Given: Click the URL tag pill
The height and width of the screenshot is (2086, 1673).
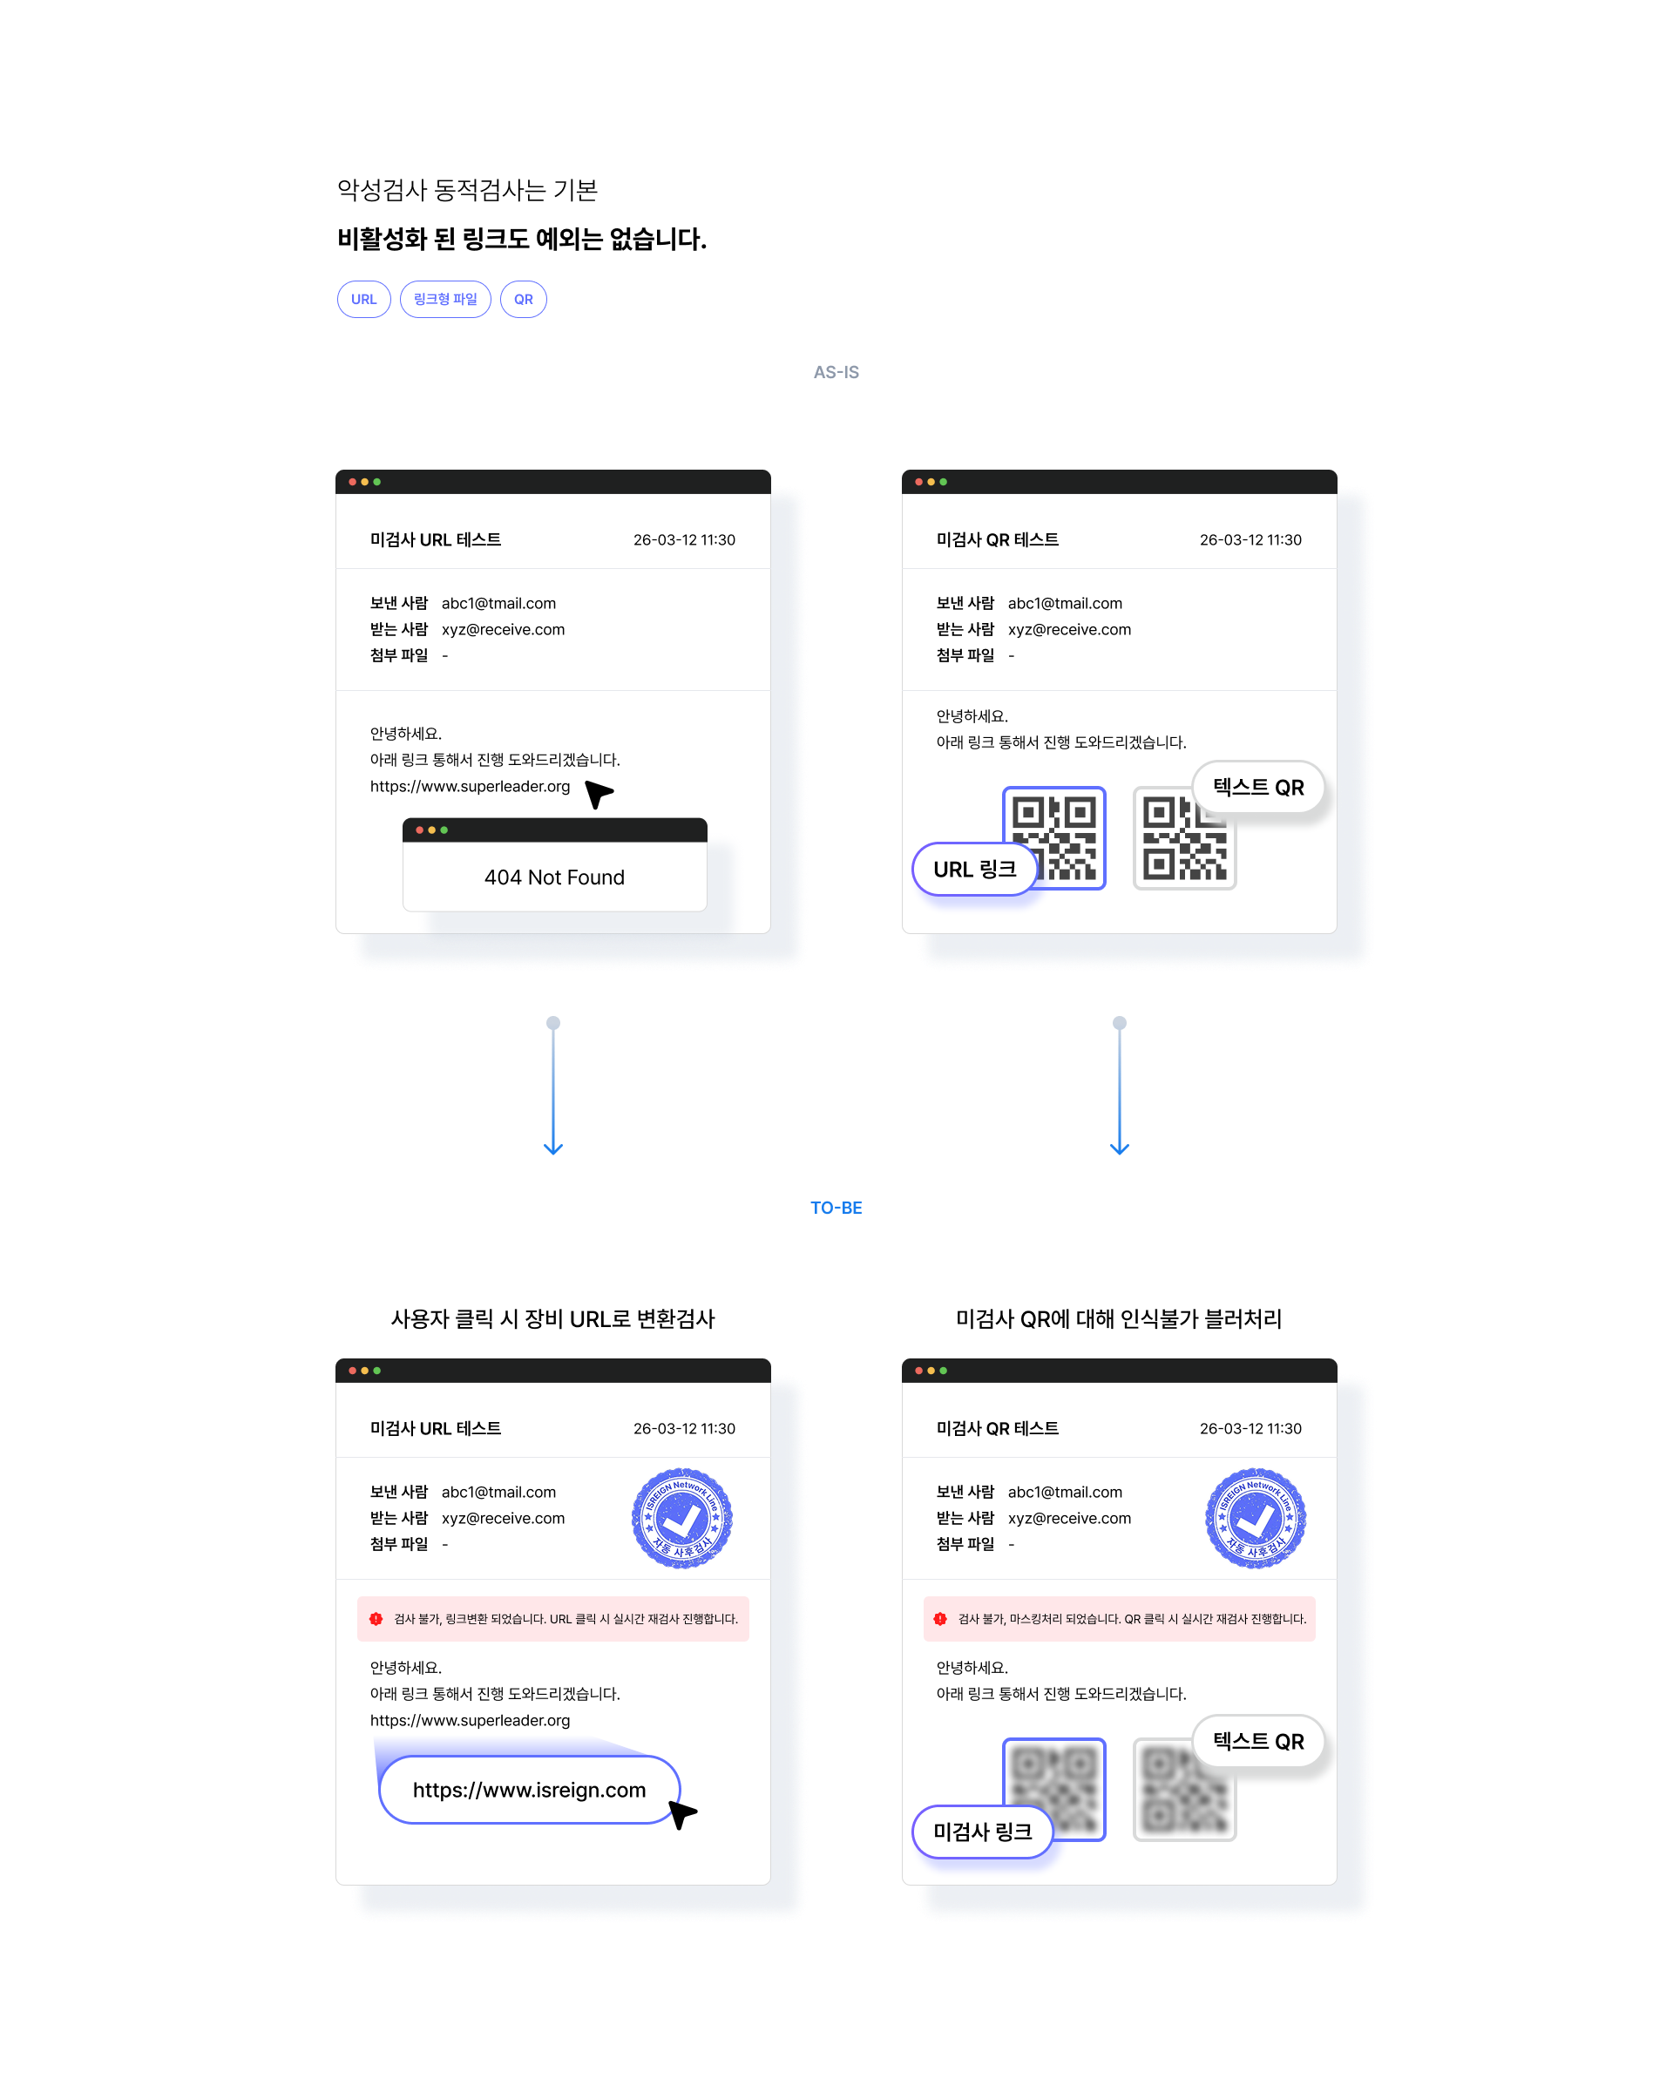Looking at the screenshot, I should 364,300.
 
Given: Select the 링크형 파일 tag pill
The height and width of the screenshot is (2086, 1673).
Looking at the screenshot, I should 445,300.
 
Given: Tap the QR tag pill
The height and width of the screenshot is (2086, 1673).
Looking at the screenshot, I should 524,300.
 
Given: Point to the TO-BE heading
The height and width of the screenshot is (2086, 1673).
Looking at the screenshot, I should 836,1208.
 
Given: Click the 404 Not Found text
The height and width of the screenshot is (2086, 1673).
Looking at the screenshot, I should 554,877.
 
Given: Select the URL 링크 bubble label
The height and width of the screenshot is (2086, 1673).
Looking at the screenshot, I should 974,869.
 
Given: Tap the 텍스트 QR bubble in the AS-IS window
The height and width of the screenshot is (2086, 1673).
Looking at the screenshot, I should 1258,788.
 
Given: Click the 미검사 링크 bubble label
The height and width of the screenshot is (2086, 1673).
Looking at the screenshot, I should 982,1832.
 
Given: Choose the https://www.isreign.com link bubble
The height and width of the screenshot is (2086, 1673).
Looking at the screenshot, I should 529,1790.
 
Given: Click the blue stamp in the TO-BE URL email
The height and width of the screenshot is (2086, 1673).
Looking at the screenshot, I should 682,1518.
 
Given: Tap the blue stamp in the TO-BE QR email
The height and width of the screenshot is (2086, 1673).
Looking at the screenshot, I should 1255,1518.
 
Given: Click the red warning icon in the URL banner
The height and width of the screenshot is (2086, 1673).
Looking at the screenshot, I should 376,1619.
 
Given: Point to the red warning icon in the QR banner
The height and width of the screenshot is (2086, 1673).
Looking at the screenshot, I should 939,1619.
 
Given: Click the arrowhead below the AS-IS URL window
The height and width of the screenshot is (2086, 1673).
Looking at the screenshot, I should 553,1148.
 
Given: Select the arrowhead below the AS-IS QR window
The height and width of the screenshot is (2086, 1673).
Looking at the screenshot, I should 1120,1148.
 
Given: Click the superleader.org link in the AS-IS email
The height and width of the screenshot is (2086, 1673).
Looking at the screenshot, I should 471,787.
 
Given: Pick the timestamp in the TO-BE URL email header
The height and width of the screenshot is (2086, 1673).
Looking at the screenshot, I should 684,1429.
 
